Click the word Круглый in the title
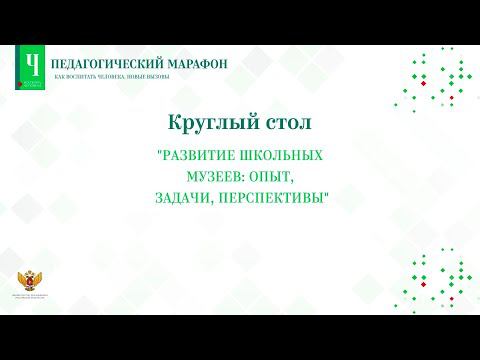point(200,124)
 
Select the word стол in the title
point(278,124)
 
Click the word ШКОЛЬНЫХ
point(279,157)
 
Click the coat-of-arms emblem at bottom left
point(28,284)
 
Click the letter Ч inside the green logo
point(33,62)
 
